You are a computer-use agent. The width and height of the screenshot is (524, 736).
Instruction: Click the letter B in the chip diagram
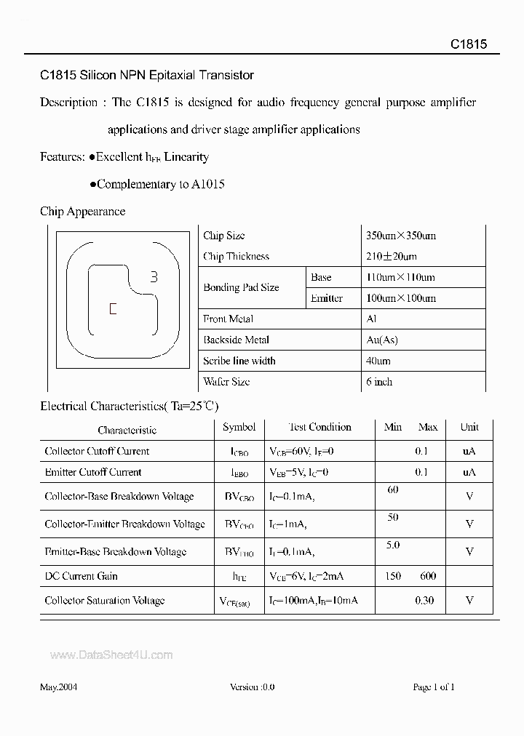(154, 276)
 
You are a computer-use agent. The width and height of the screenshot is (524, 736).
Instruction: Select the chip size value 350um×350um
(401, 236)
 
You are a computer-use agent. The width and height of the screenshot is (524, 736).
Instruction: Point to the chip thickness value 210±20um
(392, 257)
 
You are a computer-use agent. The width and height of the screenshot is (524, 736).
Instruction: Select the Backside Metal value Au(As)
(382, 340)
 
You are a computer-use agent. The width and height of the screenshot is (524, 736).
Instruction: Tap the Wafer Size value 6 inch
(379, 381)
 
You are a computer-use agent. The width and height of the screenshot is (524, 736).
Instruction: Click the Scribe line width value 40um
(378, 361)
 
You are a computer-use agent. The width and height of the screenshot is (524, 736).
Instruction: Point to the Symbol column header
(239, 428)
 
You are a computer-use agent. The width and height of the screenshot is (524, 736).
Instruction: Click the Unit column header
(469, 428)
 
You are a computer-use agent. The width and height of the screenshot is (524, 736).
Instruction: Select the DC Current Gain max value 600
(429, 576)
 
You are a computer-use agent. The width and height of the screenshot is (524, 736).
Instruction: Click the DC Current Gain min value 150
(393, 576)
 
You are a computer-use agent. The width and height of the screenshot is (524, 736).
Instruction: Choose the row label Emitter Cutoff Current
(93, 472)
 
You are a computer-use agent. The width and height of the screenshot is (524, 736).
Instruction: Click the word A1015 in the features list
(208, 184)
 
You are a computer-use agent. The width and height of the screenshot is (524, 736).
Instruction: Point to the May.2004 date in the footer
(58, 687)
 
